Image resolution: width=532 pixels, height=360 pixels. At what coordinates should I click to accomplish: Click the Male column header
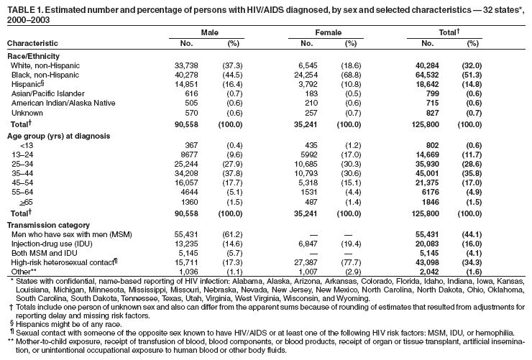208,33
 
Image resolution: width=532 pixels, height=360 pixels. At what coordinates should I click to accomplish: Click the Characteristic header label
32,44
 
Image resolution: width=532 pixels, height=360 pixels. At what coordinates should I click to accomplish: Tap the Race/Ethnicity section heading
33,55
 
